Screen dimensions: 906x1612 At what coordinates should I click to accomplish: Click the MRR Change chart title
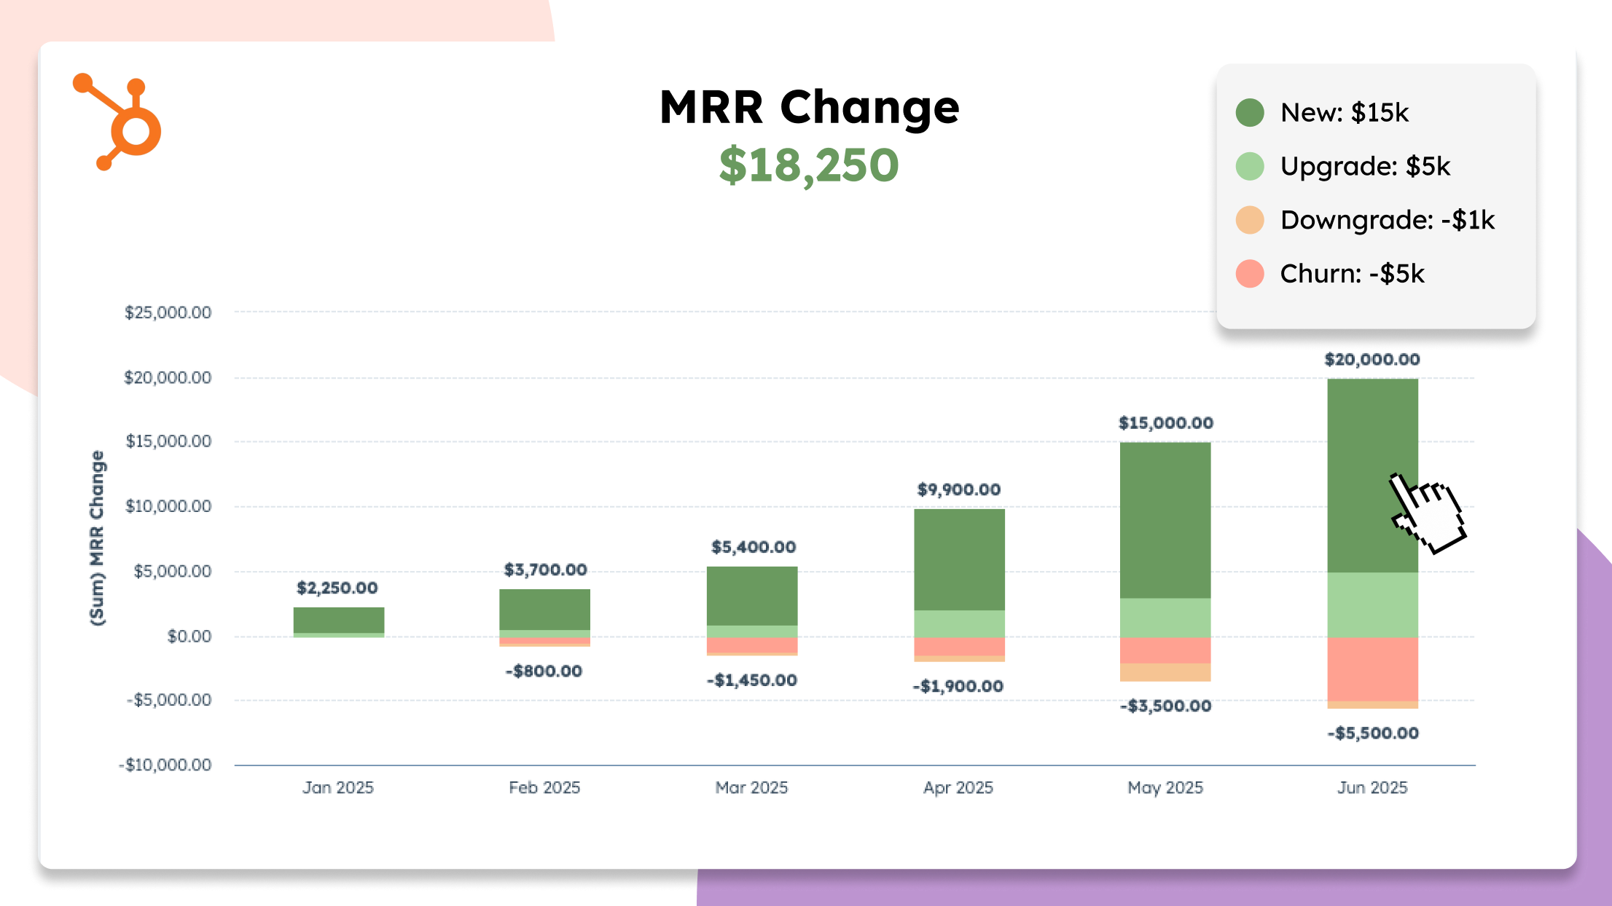click(x=809, y=107)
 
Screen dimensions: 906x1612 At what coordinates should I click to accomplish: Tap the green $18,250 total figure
click(x=809, y=165)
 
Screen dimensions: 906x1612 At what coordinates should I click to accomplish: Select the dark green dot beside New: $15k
click(x=1250, y=113)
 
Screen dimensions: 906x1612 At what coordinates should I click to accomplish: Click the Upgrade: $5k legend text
click(x=1365, y=166)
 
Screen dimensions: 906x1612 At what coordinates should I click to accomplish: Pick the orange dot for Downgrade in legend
click(x=1250, y=220)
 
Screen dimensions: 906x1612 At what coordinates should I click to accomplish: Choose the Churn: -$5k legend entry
click(x=1352, y=274)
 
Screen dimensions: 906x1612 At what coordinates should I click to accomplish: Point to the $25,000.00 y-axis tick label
click(x=168, y=312)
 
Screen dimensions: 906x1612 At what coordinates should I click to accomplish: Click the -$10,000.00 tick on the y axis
click(x=165, y=765)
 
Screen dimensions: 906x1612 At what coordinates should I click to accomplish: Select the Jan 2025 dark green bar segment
click(x=339, y=620)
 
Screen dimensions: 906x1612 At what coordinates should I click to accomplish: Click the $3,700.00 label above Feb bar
click(x=545, y=570)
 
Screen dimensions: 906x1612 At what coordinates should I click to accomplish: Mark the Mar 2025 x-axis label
click(x=751, y=787)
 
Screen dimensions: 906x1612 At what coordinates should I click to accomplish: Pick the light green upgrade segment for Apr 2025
click(x=959, y=623)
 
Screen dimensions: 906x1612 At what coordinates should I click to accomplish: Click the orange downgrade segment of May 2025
click(x=1165, y=672)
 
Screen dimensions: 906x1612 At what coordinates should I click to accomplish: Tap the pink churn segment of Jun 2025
click(x=1372, y=669)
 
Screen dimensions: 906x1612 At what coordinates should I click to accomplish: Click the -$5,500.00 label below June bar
click(x=1373, y=733)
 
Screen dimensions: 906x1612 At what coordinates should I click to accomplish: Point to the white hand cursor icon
click(x=1427, y=513)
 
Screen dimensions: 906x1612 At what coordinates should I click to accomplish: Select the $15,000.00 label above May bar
click(x=1165, y=423)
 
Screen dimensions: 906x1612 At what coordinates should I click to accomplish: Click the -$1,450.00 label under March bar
click(x=752, y=680)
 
